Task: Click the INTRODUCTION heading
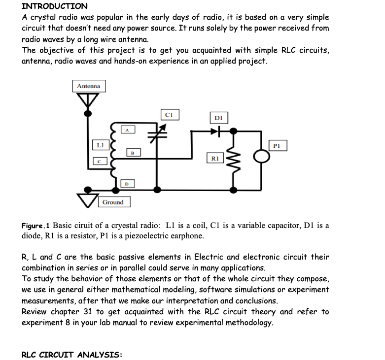(55, 6)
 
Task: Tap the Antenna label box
(89, 86)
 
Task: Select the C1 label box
(169, 115)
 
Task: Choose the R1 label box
(214, 159)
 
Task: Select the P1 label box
(277, 145)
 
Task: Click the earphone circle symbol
(262, 156)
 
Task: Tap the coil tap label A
(127, 130)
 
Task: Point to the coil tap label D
(127, 183)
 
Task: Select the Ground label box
(113, 202)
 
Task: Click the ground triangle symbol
(88, 199)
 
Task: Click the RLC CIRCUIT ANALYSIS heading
(72, 355)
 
